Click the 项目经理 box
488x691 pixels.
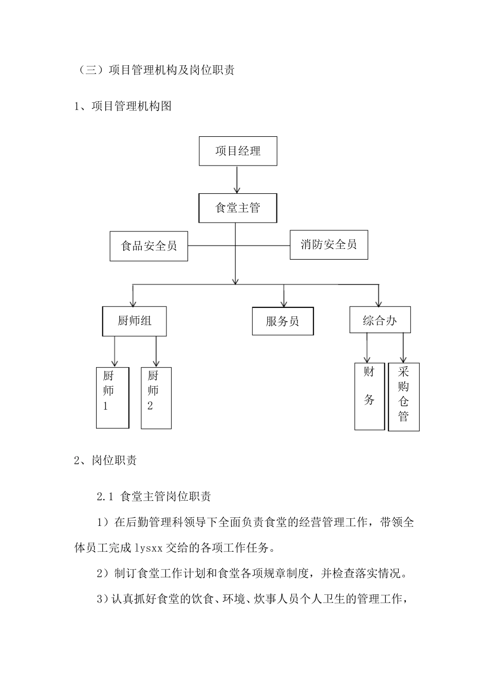coord(238,151)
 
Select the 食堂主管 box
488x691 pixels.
coord(238,208)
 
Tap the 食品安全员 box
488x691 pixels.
coord(149,246)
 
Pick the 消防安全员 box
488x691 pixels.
coord(329,245)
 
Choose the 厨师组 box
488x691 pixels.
coord(135,321)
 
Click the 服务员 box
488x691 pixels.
coord(283,321)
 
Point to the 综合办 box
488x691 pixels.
coord(380,320)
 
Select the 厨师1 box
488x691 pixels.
coord(112,398)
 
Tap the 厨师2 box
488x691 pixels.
coord(156,398)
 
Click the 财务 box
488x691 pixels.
coord(369,396)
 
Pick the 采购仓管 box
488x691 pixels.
coord(404,397)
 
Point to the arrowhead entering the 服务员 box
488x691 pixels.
coord(283,303)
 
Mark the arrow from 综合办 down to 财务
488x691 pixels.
coord(367,348)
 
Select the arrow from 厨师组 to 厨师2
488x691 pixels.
coord(156,352)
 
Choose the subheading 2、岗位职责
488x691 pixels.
coord(105,461)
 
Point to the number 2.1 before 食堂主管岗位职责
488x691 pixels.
coord(105,497)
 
